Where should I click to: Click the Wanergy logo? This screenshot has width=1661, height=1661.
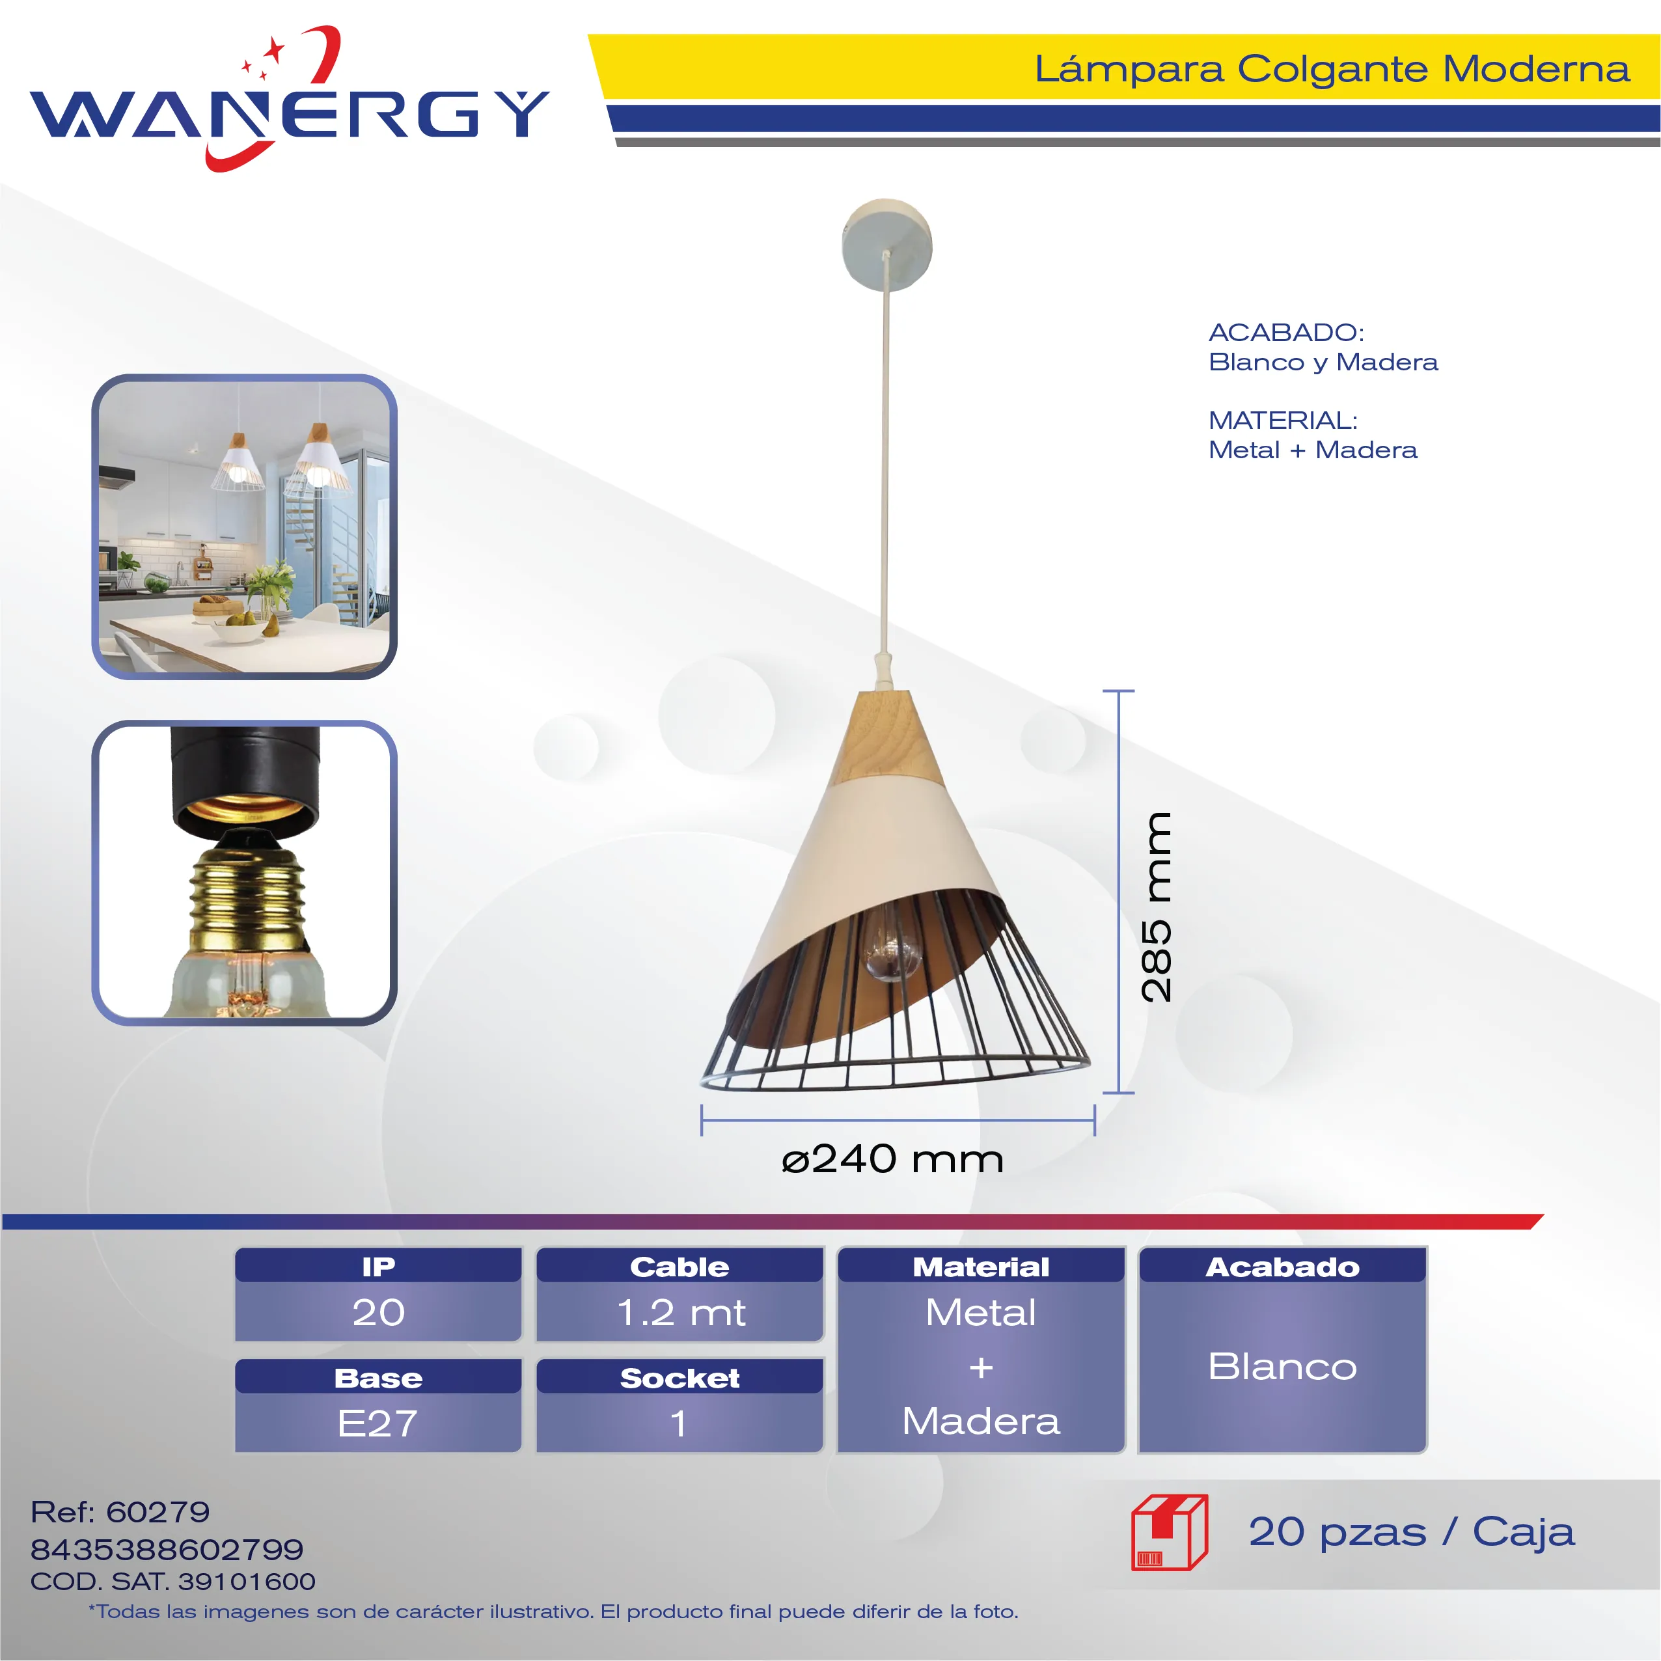point(289,99)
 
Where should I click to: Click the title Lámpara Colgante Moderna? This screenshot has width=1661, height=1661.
point(1332,69)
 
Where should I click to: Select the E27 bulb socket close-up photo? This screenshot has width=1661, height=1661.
point(244,873)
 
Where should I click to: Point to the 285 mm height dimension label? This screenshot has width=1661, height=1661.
point(1157,907)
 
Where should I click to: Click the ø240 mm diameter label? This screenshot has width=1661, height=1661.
point(892,1159)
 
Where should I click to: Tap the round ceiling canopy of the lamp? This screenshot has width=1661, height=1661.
point(886,245)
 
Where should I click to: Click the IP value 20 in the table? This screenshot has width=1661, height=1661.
point(378,1312)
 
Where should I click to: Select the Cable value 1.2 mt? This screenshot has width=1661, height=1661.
point(681,1312)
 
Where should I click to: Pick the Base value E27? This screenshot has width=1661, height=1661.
point(377,1423)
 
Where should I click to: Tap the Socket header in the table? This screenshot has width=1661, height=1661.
point(680,1378)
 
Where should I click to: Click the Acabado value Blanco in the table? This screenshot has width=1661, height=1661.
point(1283,1366)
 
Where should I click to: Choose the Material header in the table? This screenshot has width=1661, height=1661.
point(981,1267)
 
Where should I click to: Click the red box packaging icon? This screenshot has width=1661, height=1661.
point(1169,1532)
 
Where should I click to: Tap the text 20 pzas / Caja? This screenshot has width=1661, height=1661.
point(1412,1531)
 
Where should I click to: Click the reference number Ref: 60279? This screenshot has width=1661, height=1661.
point(120,1511)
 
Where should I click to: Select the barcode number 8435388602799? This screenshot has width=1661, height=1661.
point(167,1549)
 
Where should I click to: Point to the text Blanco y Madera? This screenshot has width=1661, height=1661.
point(1323,362)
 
